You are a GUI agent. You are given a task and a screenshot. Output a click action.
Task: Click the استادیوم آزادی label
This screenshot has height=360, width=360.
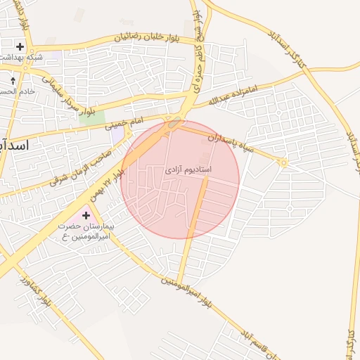(188, 170)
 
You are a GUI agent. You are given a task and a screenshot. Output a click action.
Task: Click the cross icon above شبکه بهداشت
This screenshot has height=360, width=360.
(20, 47)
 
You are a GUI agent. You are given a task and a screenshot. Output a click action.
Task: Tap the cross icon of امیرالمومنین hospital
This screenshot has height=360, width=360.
(86, 215)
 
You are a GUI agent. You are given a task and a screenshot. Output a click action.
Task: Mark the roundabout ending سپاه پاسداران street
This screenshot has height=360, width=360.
(283, 163)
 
